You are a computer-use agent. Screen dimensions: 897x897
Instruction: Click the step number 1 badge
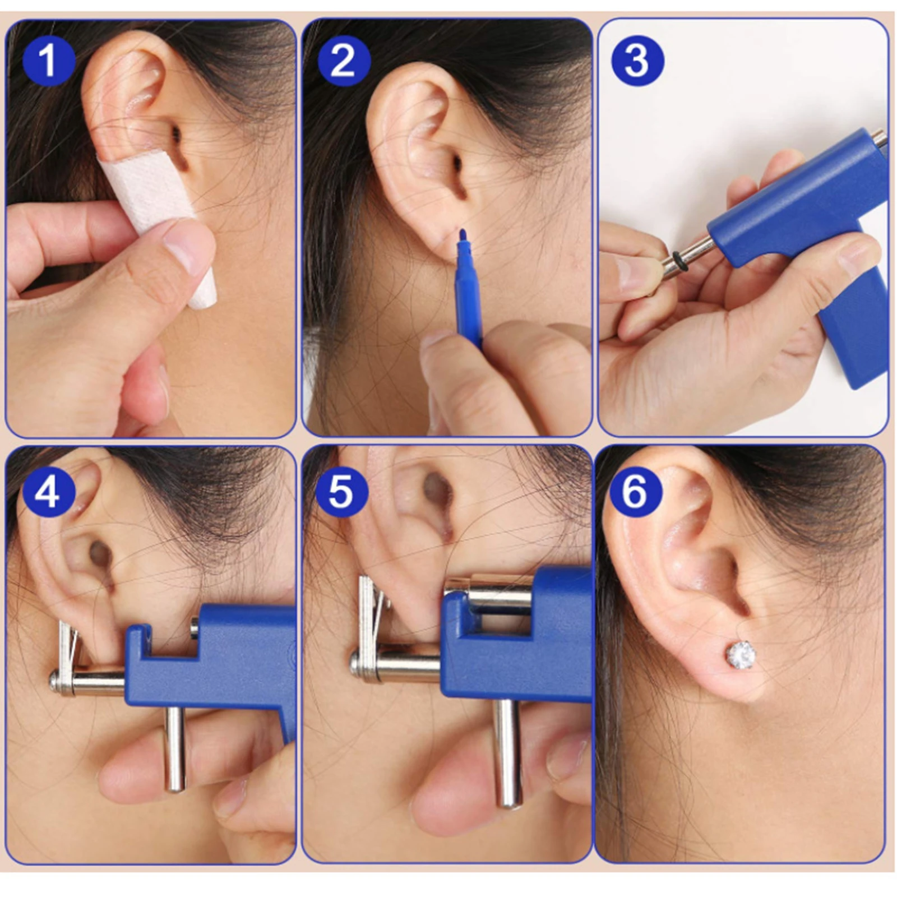[49, 60]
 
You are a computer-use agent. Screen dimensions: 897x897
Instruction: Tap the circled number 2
[344, 60]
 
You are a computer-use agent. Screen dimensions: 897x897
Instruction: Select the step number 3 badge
[637, 60]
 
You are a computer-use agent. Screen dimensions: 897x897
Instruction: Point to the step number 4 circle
[47, 492]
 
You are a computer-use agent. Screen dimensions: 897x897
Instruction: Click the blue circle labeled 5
[341, 492]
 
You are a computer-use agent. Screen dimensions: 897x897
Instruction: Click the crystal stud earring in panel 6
[741, 654]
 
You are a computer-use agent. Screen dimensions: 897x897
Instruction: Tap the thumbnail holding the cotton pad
[188, 244]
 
